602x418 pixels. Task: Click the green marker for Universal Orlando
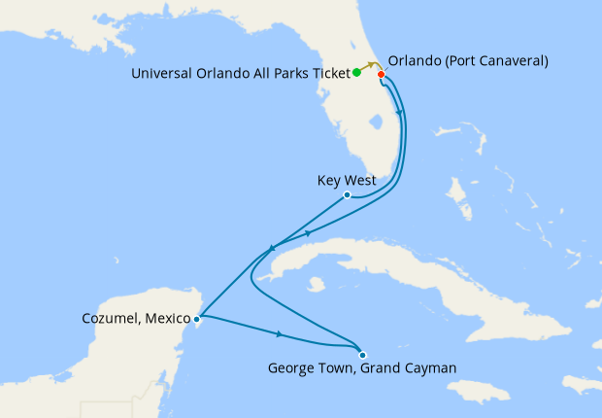coord(357,72)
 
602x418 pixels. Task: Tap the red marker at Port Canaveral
coord(382,75)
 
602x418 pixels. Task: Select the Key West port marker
coord(347,195)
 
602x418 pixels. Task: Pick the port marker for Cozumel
coord(197,318)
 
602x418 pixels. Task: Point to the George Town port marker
coord(362,354)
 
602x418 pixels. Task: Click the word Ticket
coord(329,73)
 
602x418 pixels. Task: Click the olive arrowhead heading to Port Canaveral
coord(371,64)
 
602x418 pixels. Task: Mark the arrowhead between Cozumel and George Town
coord(280,334)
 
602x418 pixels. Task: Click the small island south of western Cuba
coord(316,285)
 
